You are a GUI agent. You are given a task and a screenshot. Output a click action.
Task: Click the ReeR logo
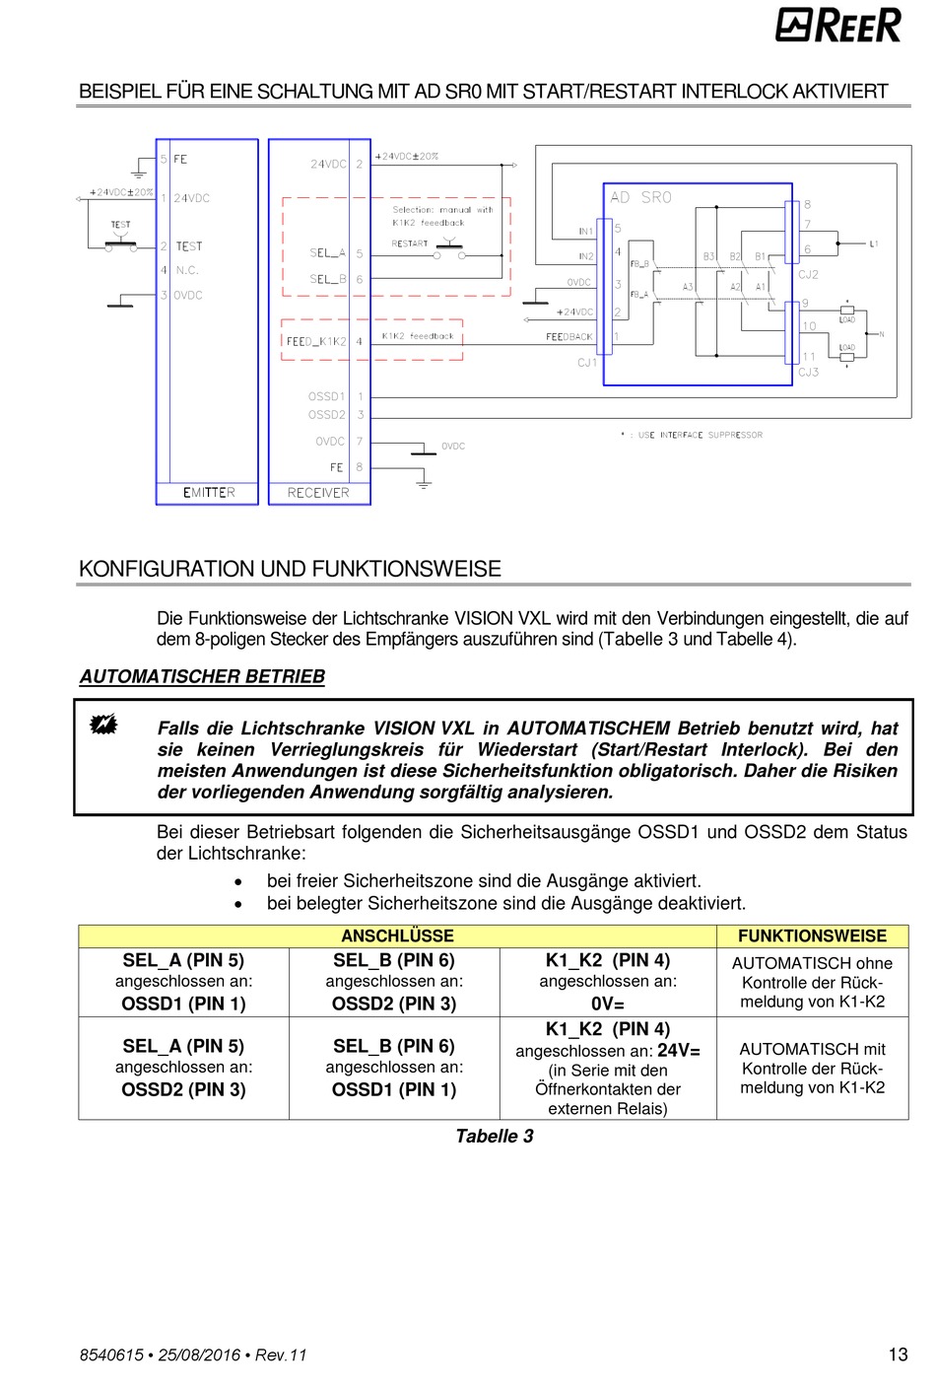(837, 25)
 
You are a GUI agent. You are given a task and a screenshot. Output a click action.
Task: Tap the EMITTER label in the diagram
(209, 492)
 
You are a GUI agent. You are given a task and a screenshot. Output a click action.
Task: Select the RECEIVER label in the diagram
(318, 492)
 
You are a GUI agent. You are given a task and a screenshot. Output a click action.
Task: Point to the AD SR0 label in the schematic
(640, 197)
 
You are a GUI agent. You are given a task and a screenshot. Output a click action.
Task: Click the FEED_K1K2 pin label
(316, 341)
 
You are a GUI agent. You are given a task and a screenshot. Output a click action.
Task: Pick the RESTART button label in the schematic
(410, 243)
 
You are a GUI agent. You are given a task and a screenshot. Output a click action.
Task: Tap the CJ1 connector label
(587, 363)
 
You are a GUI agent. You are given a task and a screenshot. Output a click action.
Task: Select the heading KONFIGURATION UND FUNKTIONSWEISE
(290, 569)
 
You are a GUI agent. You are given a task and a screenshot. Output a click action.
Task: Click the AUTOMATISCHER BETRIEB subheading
(202, 676)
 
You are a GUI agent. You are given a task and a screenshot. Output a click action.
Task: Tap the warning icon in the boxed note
(102, 726)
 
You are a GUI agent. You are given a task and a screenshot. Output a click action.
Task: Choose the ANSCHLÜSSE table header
(397, 936)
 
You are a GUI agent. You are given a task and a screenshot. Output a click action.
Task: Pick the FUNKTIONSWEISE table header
(812, 936)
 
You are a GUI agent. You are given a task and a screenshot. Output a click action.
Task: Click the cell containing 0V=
(608, 1004)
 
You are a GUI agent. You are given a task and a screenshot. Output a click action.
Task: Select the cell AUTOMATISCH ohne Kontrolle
(812, 982)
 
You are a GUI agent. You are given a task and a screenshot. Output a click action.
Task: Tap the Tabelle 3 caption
(494, 1136)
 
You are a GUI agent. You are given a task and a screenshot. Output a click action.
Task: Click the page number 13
(898, 1354)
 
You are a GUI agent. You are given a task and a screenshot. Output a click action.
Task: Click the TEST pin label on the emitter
(189, 246)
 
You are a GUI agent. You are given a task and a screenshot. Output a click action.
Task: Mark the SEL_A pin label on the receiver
(327, 253)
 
